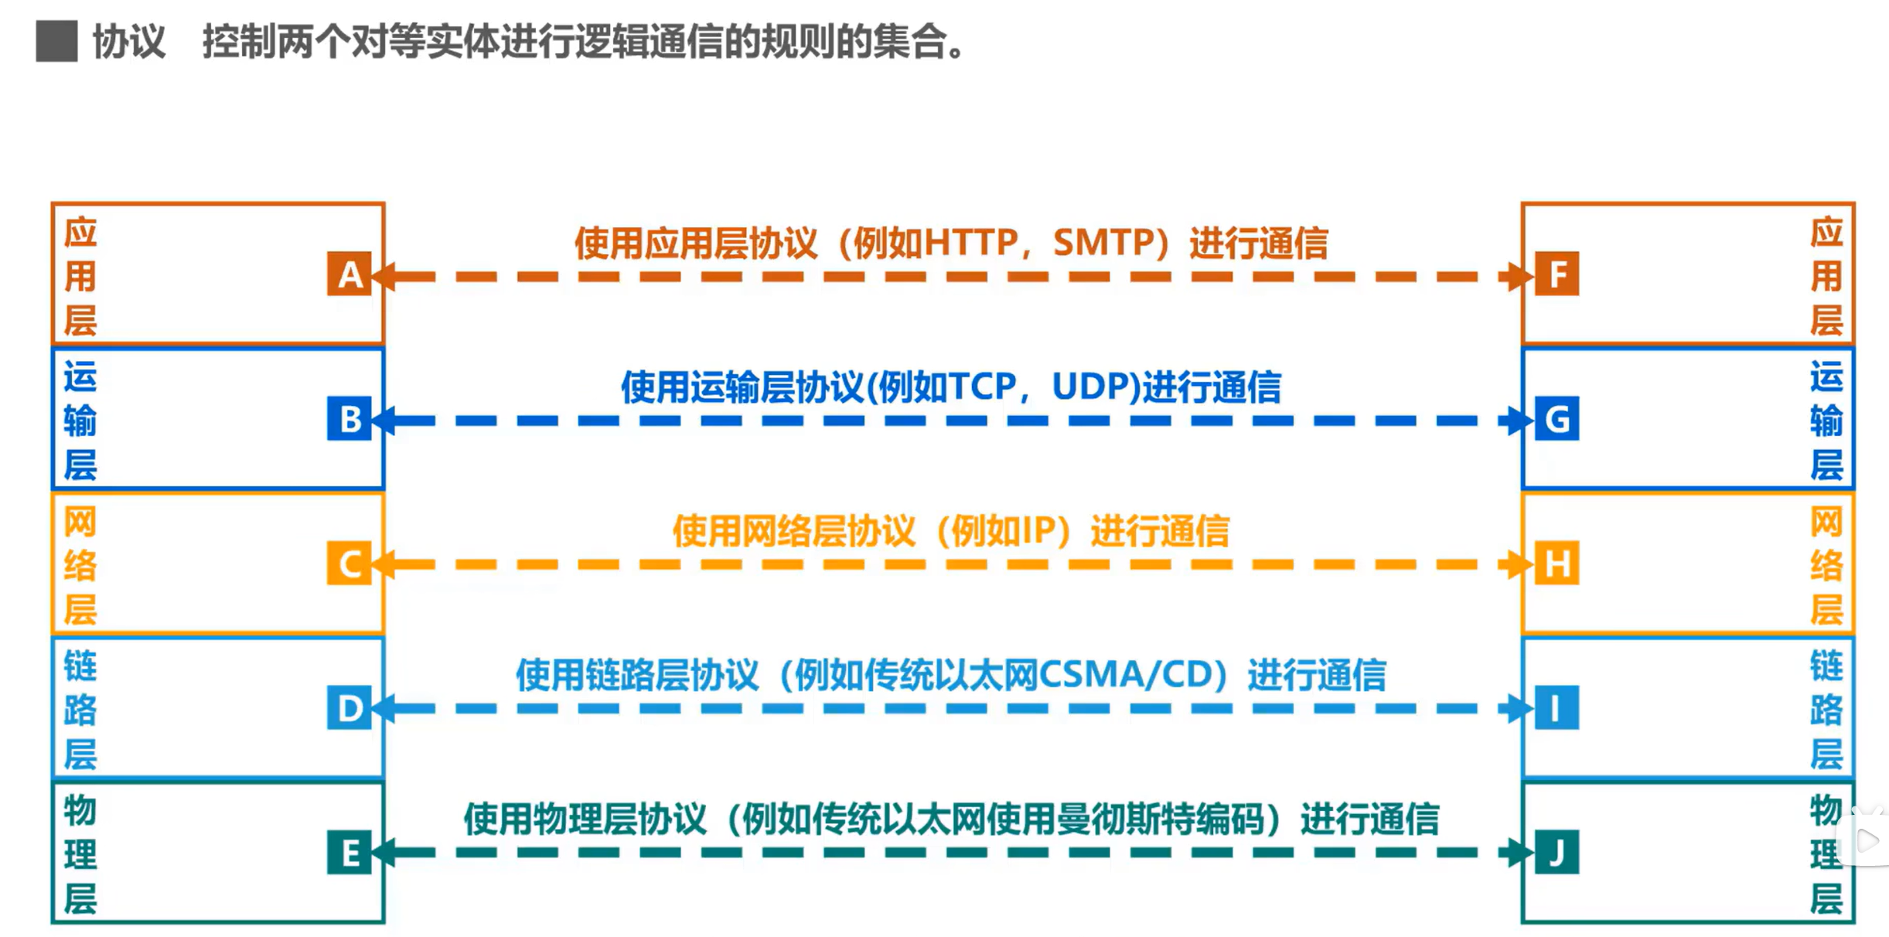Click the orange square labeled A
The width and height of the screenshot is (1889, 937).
[349, 274]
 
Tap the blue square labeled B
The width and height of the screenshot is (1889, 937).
[349, 418]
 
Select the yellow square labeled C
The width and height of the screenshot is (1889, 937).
[349, 563]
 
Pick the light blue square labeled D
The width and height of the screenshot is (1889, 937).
[349, 707]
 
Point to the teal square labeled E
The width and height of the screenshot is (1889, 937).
[349, 852]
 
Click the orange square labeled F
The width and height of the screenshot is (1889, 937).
[1557, 274]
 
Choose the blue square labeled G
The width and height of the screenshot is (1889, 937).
[1557, 418]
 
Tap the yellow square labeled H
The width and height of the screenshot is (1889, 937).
[1557, 563]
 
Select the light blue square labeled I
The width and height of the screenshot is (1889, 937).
[1557, 707]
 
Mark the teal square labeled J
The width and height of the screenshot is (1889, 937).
[1557, 852]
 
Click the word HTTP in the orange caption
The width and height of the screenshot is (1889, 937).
[971, 243]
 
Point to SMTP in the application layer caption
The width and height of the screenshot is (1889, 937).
[1101, 243]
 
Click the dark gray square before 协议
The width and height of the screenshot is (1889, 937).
[56, 41]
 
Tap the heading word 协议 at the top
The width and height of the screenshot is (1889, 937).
[129, 42]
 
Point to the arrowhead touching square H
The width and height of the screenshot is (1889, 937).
[1521, 564]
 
